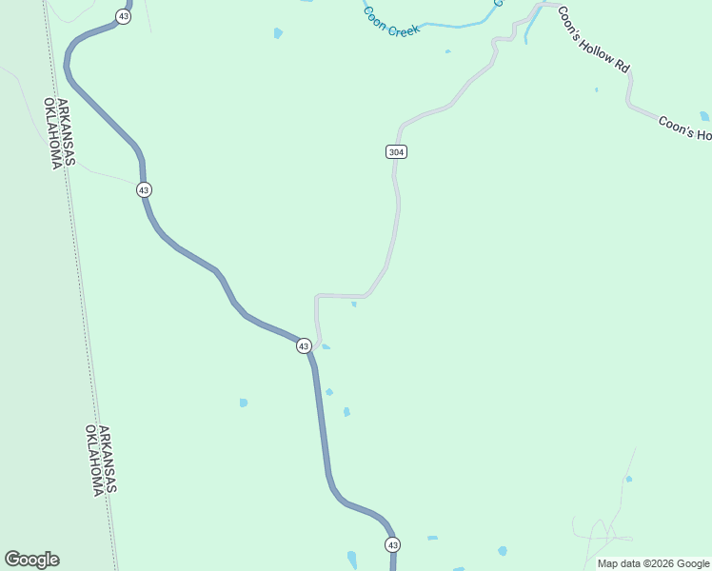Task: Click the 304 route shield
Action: [x=398, y=152]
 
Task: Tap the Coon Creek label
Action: [x=390, y=23]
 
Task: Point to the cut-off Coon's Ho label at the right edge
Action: [x=684, y=128]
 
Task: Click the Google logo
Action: [x=31, y=560]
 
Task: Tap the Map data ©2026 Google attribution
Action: [x=653, y=563]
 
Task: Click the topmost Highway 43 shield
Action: [x=124, y=17]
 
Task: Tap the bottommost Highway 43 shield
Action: [x=393, y=544]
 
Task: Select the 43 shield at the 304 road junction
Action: [x=304, y=346]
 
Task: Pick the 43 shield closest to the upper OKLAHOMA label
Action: [x=144, y=190]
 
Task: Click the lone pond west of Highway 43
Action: [x=244, y=403]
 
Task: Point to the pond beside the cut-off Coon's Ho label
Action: [x=704, y=116]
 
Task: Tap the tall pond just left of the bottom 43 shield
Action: [x=352, y=558]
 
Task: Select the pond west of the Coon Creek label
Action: [x=278, y=33]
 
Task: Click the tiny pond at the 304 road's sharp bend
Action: [x=354, y=305]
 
